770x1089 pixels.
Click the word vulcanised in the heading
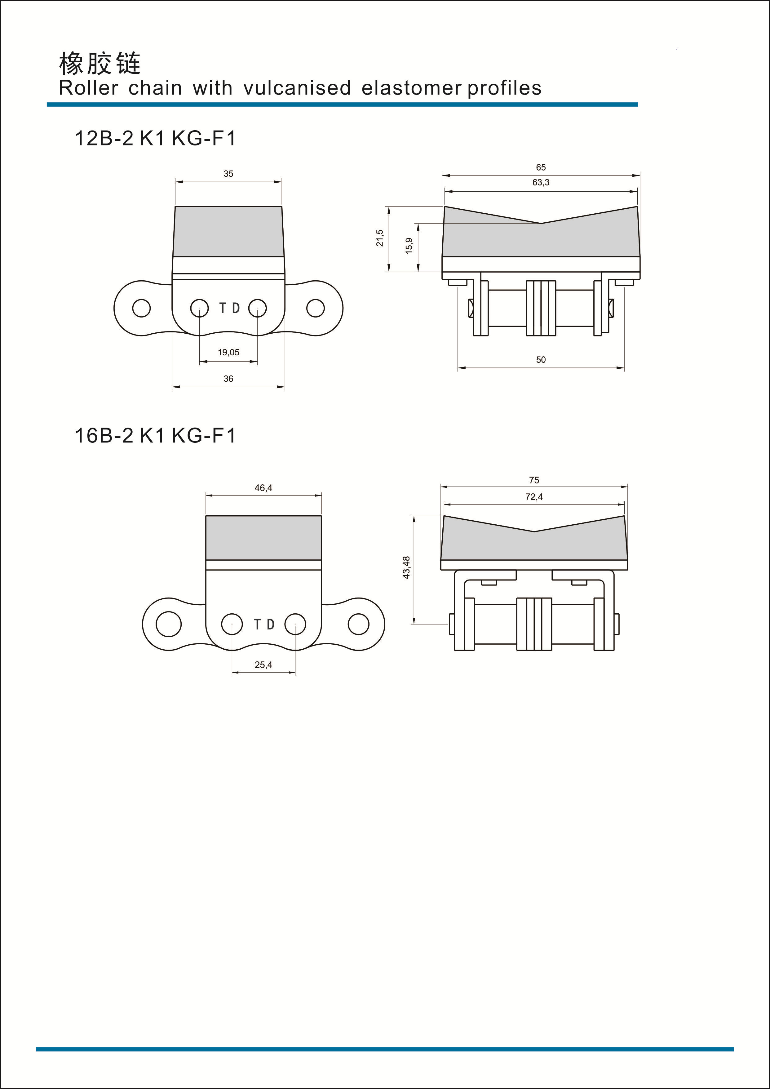[x=297, y=88]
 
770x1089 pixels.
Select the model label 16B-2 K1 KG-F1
[x=155, y=435]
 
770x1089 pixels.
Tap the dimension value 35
[x=228, y=174]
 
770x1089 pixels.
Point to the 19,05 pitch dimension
[x=228, y=353]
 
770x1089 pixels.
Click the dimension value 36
[x=228, y=379]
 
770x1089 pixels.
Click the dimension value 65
[x=541, y=167]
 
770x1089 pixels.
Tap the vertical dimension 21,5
[x=380, y=238]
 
